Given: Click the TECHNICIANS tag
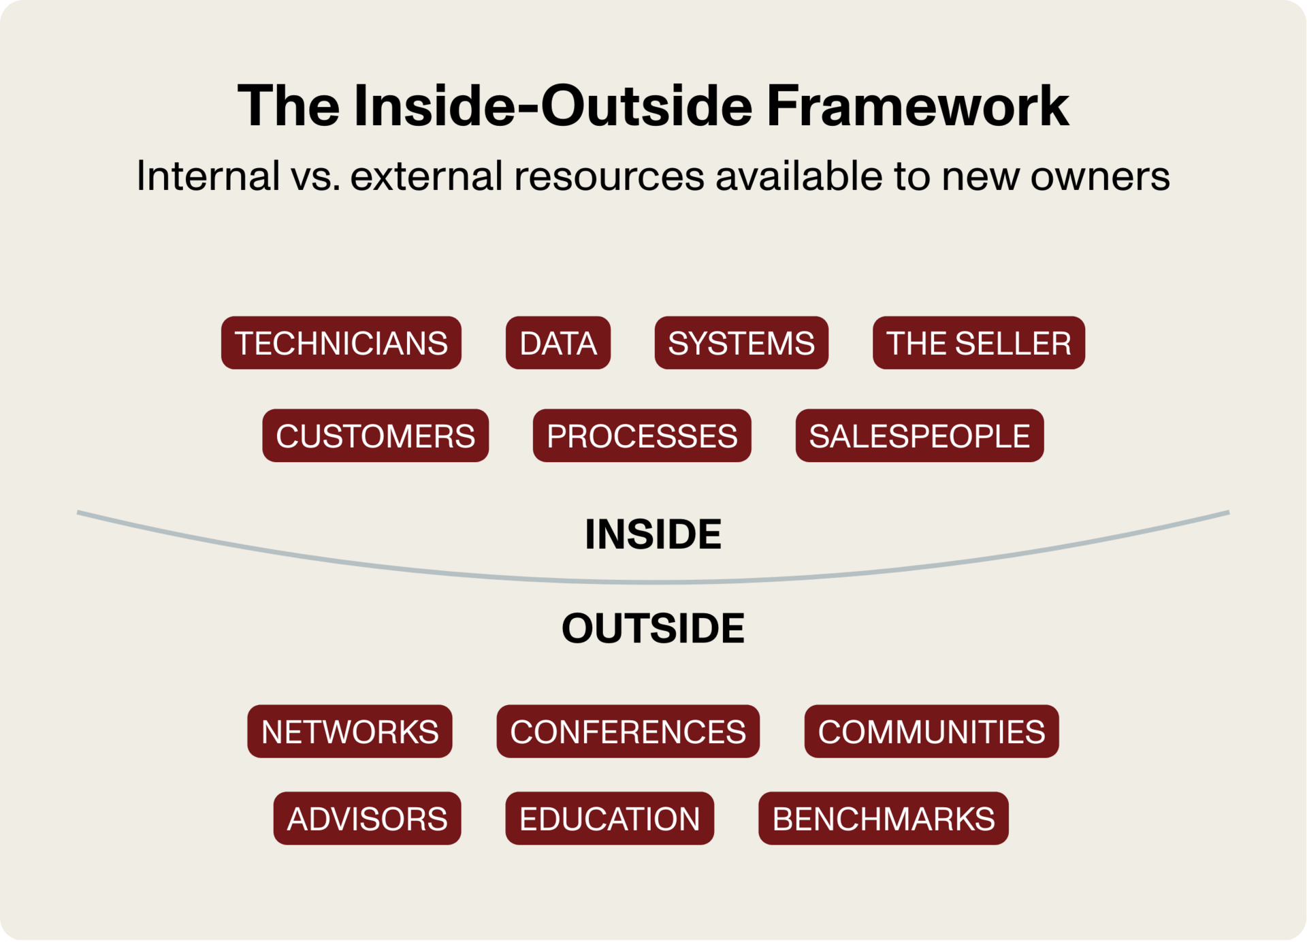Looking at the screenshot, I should (x=341, y=343).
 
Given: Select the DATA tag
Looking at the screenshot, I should (x=558, y=343).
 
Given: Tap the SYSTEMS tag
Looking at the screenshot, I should (x=741, y=343).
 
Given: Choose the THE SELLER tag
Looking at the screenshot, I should (x=978, y=343).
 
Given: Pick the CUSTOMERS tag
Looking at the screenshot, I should (x=375, y=436).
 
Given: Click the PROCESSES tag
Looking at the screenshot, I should (x=642, y=436).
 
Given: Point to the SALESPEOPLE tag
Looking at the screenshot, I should (x=919, y=436).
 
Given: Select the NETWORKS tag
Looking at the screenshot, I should (x=350, y=732).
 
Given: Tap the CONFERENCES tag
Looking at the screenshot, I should (x=628, y=732).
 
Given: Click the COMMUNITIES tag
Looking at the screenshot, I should (x=931, y=732).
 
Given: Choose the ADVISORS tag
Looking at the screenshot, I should (x=367, y=818).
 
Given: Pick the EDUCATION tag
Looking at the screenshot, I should (x=609, y=818).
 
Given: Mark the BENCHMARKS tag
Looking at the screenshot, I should (x=883, y=818).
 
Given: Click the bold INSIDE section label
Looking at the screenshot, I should (x=653, y=534).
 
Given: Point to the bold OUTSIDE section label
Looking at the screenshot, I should (x=653, y=628).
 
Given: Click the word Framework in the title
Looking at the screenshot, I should (x=918, y=106).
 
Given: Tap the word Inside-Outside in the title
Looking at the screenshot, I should (x=553, y=106).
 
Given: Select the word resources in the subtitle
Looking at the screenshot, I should (x=609, y=176).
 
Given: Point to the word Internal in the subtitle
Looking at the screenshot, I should (x=208, y=176).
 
